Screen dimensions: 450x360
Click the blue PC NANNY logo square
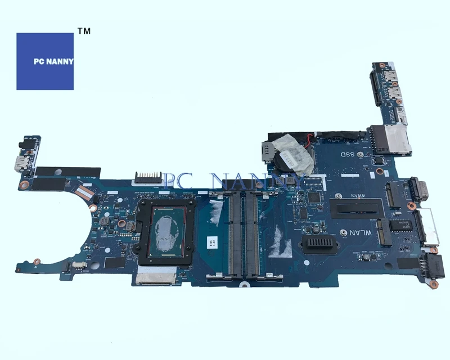tap(45, 61)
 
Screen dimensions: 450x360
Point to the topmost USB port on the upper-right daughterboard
tap(389, 79)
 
